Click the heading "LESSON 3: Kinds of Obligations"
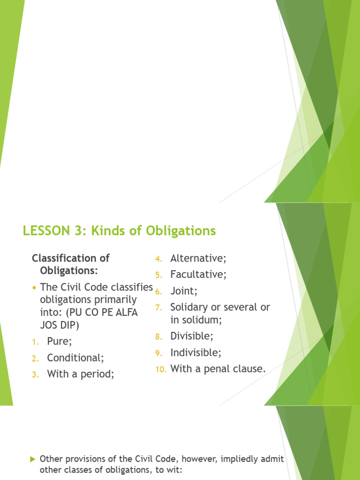click(119, 231)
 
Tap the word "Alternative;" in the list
click(198, 258)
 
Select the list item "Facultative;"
click(198, 274)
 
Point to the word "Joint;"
click(184, 291)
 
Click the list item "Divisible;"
click(192, 336)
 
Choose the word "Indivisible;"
click(195, 352)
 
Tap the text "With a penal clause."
click(218, 369)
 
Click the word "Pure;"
click(60, 341)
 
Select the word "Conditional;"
click(75, 358)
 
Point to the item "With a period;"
click(81, 374)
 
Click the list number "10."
click(161, 369)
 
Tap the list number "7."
click(158, 307)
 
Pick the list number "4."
click(158, 259)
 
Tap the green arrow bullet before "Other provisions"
click(33, 459)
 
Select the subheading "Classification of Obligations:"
click(70, 264)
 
